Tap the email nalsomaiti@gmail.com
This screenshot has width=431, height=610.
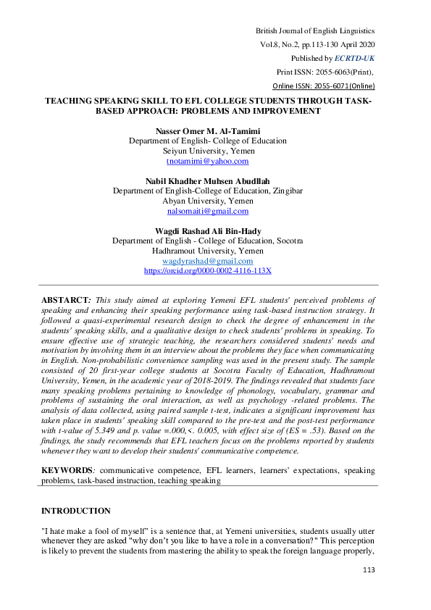(x=207, y=211)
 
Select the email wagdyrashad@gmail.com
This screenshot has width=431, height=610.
(x=207, y=261)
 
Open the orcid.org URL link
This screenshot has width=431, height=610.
(x=207, y=270)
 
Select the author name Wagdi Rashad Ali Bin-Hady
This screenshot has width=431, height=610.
(x=207, y=230)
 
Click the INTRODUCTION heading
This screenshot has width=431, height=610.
(x=77, y=511)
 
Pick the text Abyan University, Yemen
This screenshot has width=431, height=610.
(x=207, y=201)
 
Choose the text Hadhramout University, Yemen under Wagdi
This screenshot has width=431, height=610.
(x=207, y=251)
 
